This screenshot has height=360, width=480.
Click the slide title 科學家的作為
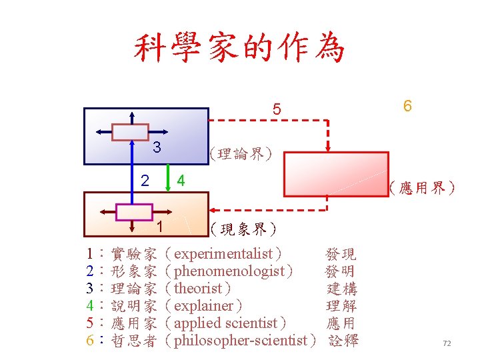[240, 48]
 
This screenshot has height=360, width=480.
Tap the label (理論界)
[241, 155]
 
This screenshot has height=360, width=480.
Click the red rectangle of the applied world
[337, 174]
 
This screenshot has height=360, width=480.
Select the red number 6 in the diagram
[407, 107]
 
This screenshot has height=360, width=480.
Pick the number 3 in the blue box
[156, 147]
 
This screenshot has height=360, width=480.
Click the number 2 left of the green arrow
[145, 180]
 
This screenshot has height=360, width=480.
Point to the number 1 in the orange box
[159, 226]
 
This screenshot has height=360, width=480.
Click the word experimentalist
[223, 254]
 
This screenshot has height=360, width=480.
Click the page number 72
[447, 343]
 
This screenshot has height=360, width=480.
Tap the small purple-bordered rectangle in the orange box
[134, 211]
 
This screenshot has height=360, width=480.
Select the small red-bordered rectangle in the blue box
[130, 132]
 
